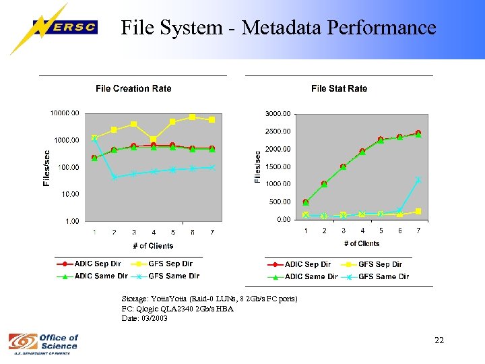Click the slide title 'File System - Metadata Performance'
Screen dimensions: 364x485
278,28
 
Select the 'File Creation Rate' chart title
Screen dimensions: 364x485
133,88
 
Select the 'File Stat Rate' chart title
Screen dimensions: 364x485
339,88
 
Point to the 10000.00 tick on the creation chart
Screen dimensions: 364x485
65,113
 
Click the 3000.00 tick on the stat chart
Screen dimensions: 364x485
278,113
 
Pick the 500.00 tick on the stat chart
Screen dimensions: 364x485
280,202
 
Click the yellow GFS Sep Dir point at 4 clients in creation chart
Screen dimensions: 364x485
154,140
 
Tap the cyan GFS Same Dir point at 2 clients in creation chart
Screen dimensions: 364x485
115,177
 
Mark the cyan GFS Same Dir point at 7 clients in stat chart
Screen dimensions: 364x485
418,180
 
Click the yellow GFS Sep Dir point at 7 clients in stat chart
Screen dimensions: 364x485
418,211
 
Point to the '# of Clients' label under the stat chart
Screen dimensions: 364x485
362,243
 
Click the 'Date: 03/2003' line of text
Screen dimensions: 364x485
144,318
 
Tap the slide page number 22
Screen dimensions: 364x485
439,340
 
